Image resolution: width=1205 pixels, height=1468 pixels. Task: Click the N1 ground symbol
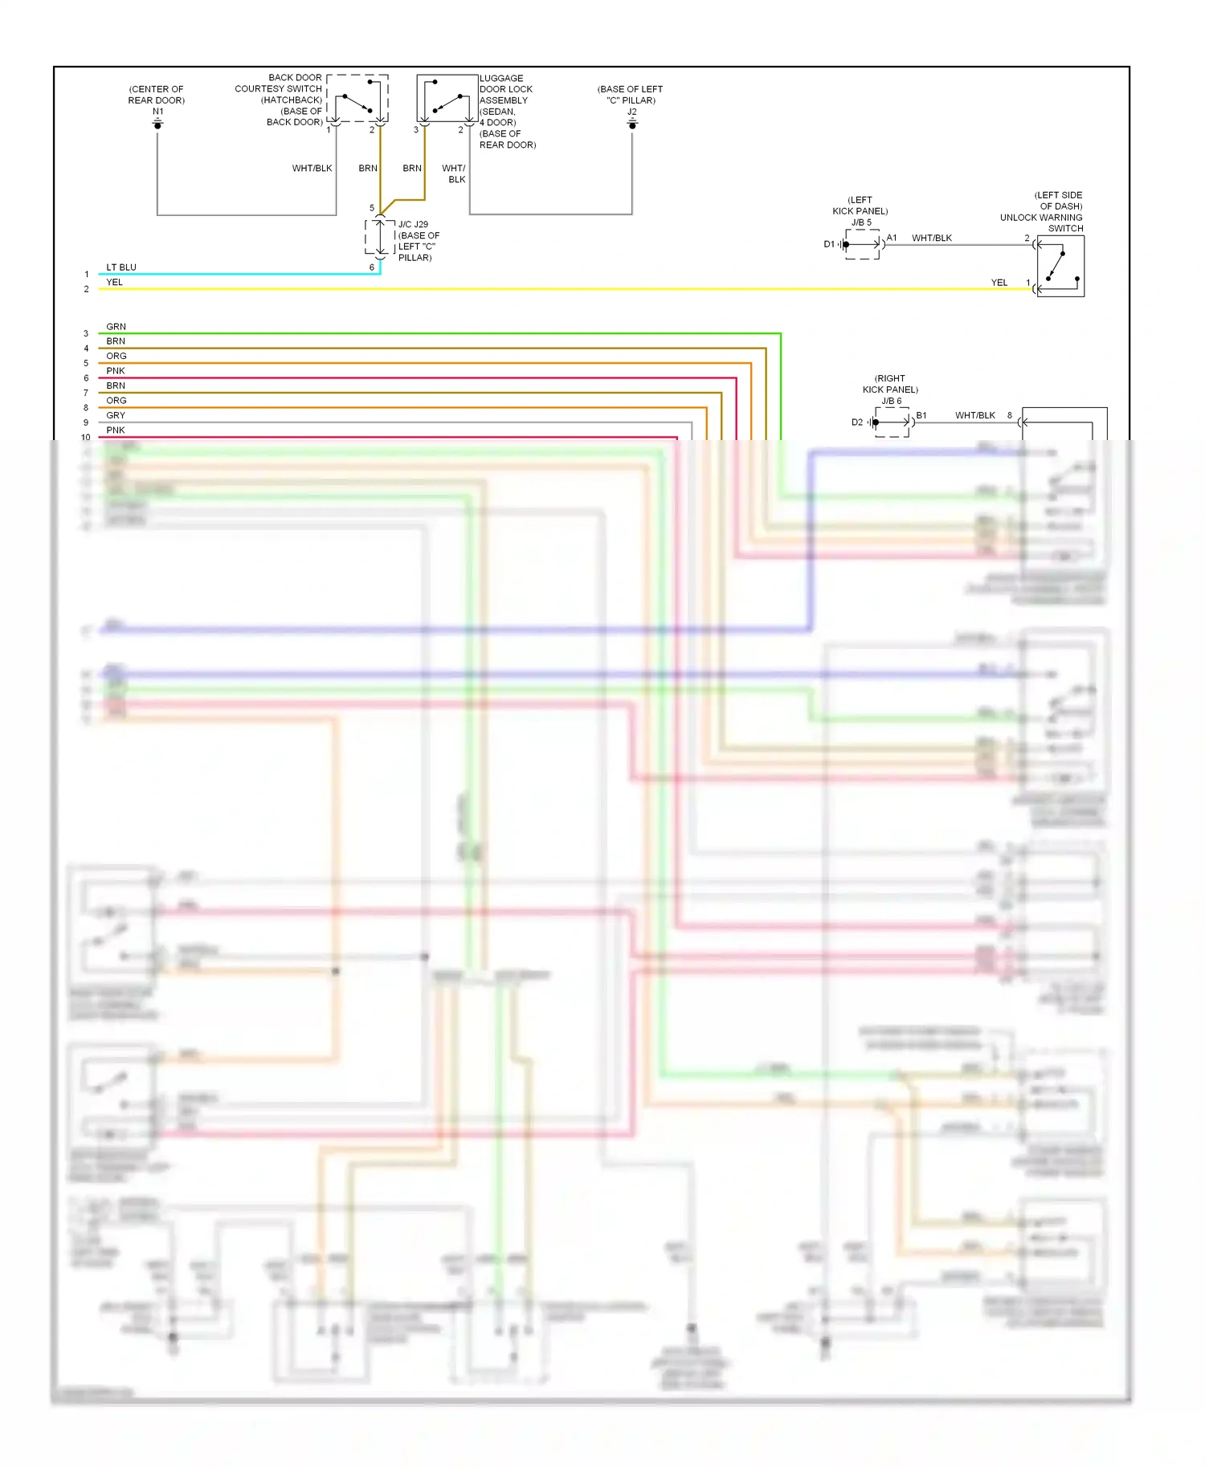click(x=157, y=124)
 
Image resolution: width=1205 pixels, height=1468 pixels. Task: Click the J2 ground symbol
click(x=632, y=124)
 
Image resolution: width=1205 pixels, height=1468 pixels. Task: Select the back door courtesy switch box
click(x=357, y=98)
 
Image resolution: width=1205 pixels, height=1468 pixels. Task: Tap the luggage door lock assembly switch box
click(x=447, y=98)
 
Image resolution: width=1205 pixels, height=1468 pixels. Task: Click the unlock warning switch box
click(x=1060, y=267)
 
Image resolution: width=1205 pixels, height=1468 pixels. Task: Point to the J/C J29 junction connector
click(x=380, y=237)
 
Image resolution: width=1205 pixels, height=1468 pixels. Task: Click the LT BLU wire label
click(x=121, y=267)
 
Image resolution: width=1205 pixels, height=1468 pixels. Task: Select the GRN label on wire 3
click(x=116, y=327)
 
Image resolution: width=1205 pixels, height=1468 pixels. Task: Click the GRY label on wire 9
click(x=116, y=415)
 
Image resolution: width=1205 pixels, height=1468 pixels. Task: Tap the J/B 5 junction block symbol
click(x=863, y=244)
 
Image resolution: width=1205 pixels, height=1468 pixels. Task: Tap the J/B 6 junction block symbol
click(x=892, y=422)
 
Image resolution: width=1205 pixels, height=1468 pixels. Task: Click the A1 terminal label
click(x=892, y=238)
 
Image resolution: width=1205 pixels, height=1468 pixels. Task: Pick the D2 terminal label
click(x=857, y=422)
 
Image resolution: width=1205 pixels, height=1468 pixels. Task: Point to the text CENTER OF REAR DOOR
click(x=157, y=95)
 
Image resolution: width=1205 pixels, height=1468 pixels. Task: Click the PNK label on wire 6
click(x=116, y=371)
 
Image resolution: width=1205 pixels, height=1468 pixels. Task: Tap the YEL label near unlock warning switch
click(x=999, y=283)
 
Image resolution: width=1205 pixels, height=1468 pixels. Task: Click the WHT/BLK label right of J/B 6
click(x=974, y=415)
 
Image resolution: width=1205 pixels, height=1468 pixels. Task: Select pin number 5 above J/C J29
click(x=372, y=208)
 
